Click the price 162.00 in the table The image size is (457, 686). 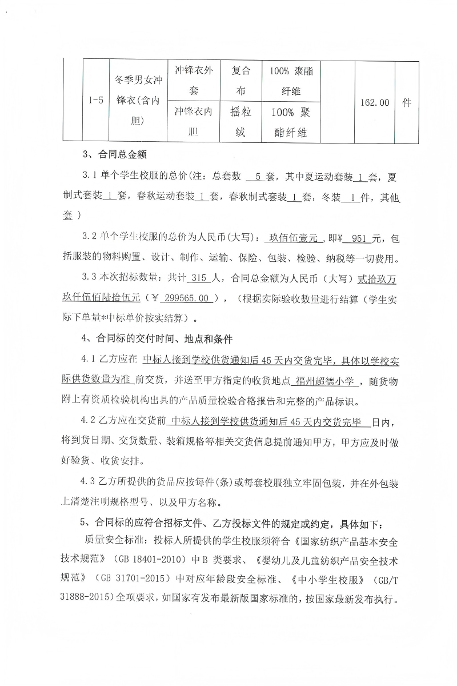click(375, 102)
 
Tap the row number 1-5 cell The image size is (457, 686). click(96, 101)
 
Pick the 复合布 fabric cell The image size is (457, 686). click(240, 81)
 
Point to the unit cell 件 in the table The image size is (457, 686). click(407, 102)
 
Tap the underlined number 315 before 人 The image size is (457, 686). click(195, 278)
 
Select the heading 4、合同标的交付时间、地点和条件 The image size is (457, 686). click(158, 339)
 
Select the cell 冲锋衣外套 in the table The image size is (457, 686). click(193, 81)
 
